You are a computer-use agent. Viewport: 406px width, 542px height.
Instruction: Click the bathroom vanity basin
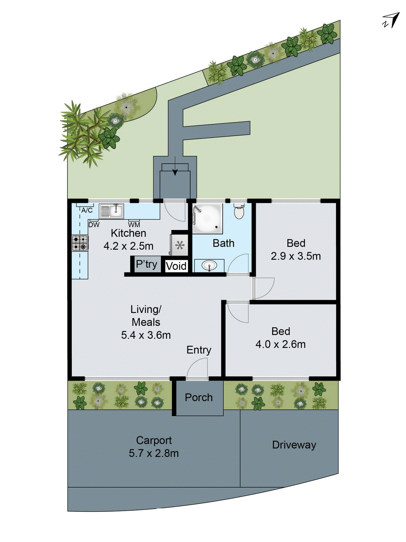[209, 265]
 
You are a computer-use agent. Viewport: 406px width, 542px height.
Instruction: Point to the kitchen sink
[112, 211]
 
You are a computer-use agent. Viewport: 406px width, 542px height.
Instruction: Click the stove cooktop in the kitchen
[80, 243]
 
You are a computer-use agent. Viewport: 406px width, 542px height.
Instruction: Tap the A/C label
[87, 210]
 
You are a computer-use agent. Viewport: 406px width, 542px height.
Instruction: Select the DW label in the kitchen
[94, 225]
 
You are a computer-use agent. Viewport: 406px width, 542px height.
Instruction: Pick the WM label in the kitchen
[134, 225]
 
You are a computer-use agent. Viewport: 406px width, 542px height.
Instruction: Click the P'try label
[146, 264]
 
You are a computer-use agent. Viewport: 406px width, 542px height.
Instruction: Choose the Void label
[176, 266]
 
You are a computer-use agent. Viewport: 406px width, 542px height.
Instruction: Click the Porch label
[199, 397]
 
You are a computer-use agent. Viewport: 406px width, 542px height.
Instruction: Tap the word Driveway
[294, 445]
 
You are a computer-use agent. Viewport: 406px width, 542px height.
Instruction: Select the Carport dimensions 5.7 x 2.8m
[154, 453]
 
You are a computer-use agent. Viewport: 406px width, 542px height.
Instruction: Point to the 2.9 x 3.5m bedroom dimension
[296, 256]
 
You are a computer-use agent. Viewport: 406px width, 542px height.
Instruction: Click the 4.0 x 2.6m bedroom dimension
[280, 344]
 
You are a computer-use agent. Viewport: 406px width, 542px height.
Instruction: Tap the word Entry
[199, 350]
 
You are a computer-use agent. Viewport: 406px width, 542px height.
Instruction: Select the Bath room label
[223, 243]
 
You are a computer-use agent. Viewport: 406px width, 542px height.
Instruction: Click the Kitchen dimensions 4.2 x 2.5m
[128, 246]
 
